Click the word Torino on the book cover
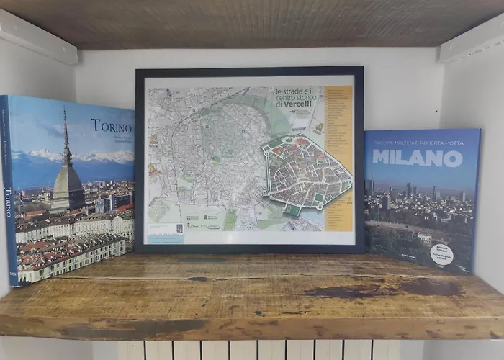pos(111,126)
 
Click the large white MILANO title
pos(418,158)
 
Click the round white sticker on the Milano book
pos(441,254)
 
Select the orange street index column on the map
pos(338,158)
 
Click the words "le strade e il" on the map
pos(296,91)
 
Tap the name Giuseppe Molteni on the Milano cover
pos(394,143)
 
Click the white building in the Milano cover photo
pos(425,238)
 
